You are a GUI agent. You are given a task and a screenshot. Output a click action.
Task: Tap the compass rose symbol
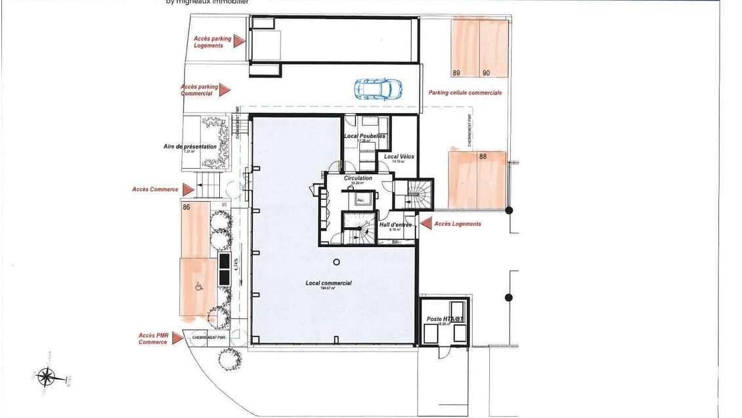(x=46, y=377)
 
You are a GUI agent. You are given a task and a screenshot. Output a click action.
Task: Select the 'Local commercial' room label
(x=328, y=283)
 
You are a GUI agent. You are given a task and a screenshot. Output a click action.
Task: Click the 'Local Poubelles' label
(x=364, y=136)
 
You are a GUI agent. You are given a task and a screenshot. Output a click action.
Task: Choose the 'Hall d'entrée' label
(x=395, y=225)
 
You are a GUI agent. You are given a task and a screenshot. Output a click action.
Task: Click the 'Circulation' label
(x=358, y=178)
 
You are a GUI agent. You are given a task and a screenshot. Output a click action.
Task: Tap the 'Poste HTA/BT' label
(x=445, y=319)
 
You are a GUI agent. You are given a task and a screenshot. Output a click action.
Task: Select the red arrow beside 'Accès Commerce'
(x=188, y=189)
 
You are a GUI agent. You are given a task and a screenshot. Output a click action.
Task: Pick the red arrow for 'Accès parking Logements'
(x=239, y=41)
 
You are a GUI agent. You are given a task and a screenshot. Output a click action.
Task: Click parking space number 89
(x=465, y=48)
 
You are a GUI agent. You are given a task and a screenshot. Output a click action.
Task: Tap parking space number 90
(x=494, y=48)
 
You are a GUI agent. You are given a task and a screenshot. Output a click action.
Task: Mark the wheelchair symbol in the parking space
(x=198, y=286)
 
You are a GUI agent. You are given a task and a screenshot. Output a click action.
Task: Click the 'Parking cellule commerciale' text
(x=465, y=93)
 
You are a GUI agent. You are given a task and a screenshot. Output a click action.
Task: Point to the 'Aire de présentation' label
(x=190, y=147)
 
